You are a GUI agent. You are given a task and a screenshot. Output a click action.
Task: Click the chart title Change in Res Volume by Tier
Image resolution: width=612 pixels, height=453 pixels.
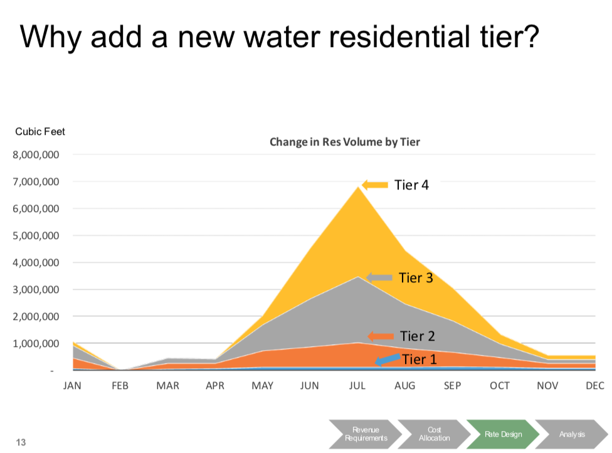click(344, 142)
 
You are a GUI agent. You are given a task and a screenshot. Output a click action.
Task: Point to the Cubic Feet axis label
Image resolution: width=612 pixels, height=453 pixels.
click(40, 132)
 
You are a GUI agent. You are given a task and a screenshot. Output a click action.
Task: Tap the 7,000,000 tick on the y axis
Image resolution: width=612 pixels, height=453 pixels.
click(37, 182)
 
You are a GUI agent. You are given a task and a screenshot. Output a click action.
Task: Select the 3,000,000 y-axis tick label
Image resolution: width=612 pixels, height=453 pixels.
click(37, 290)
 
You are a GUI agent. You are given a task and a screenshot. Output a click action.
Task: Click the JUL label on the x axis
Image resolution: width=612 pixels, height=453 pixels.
click(357, 386)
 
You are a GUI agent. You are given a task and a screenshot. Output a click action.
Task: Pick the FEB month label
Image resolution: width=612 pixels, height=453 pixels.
click(120, 386)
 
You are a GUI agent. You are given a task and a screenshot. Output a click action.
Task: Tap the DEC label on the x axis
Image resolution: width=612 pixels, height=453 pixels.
click(594, 386)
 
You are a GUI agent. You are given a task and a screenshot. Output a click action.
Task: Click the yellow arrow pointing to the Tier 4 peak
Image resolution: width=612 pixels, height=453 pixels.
click(375, 184)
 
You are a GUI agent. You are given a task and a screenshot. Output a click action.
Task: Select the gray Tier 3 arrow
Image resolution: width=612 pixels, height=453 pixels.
click(379, 277)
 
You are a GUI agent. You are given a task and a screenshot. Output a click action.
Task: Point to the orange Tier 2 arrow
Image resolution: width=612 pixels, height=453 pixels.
click(381, 336)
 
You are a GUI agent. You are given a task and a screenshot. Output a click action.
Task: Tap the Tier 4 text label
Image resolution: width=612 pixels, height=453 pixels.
click(411, 185)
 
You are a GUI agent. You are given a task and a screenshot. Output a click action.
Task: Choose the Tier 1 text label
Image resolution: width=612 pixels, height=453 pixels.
click(419, 360)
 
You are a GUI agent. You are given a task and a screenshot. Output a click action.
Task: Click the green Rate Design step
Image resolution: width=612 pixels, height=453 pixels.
click(503, 434)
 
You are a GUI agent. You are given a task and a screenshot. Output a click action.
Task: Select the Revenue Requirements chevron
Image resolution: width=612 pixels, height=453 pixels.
click(366, 434)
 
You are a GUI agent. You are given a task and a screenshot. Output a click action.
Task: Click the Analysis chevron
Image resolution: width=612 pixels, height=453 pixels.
click(572, 434)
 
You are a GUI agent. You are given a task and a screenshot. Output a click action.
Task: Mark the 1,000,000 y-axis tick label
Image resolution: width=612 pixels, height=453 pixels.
click(37, 344)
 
